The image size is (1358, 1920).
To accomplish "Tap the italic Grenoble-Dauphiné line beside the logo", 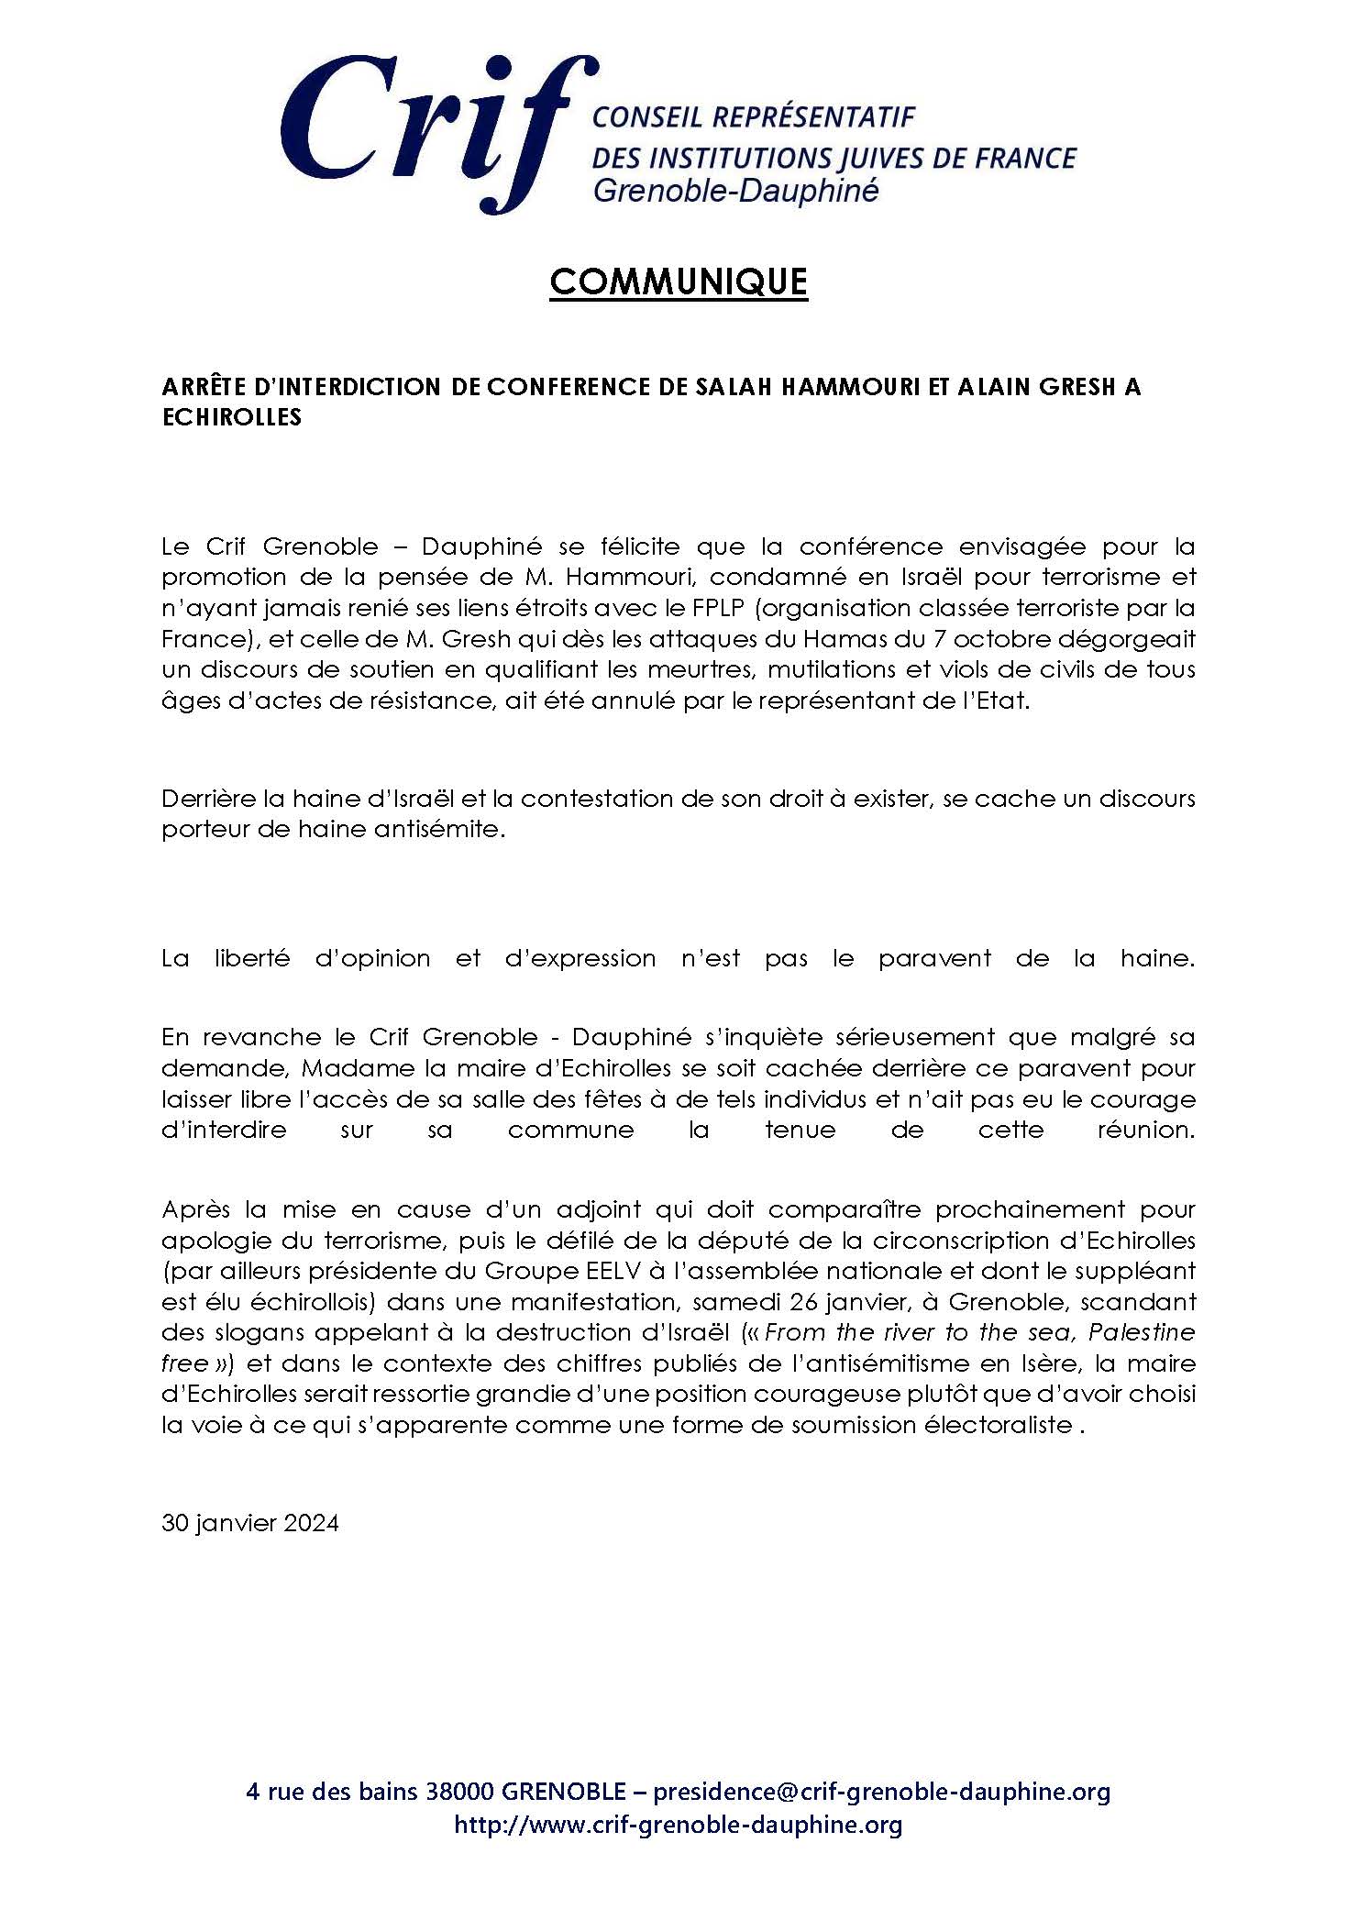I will click(736, 192).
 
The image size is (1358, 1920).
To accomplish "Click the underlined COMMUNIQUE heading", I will click(679, 282).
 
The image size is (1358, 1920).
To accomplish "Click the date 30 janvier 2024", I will click(250, 1523).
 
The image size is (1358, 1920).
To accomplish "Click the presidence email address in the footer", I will click(881, 1791).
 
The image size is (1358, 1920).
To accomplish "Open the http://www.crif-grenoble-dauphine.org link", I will click(679, 1825).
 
